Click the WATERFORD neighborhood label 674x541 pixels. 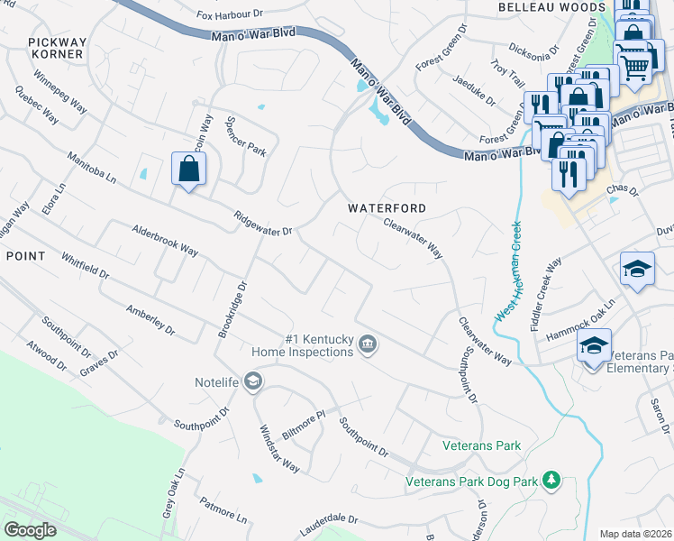387,208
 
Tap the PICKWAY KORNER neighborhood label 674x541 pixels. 55,48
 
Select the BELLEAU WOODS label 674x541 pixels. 551,7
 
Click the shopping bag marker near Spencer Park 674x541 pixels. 188,169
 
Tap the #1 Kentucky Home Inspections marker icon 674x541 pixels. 368,344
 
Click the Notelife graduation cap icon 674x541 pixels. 253,382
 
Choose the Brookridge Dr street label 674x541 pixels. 231,309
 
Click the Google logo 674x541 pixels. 31,530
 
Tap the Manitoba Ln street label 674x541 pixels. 92,168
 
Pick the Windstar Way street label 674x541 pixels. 279,448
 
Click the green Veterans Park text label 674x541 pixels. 482,445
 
